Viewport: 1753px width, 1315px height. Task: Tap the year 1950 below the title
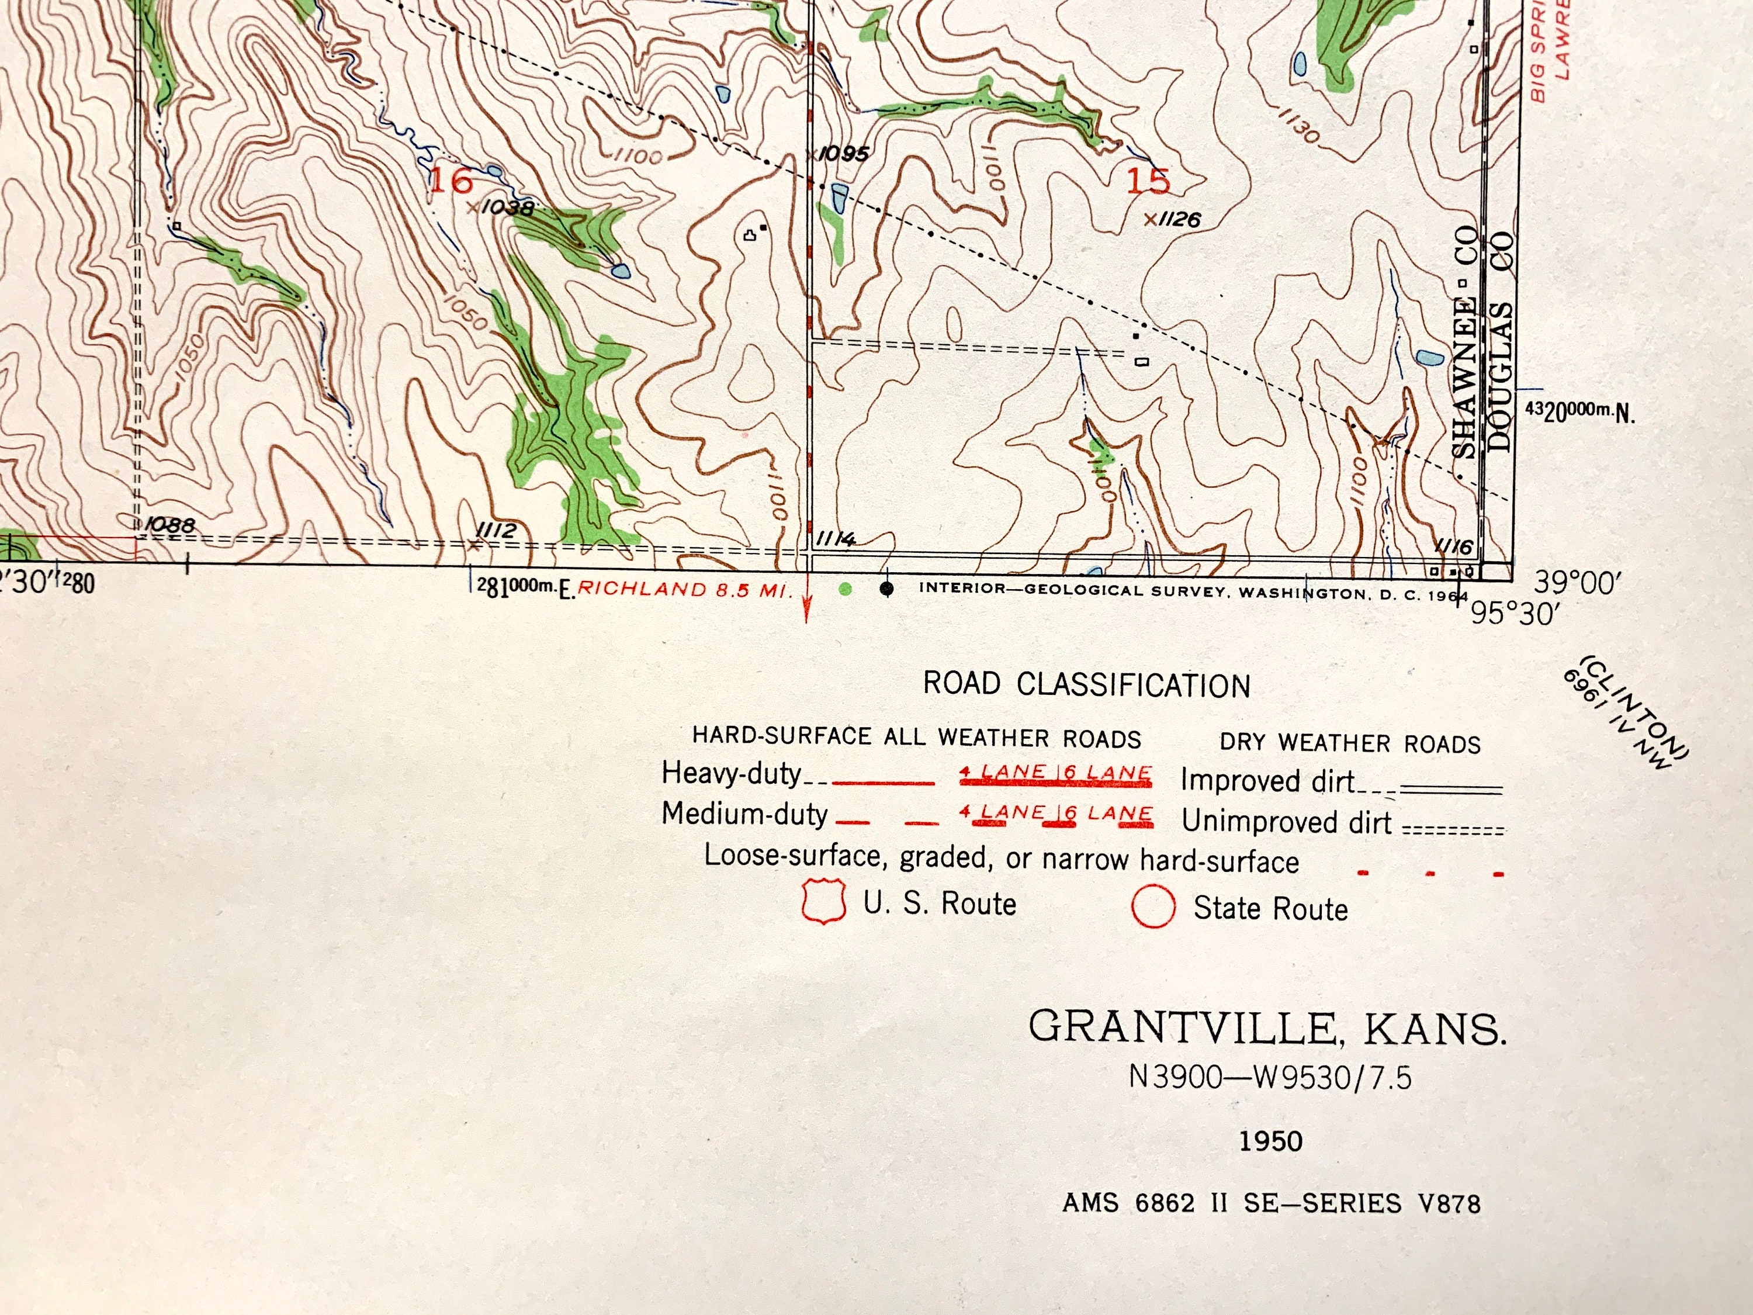[1271, 1141]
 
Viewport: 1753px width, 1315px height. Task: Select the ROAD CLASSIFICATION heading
[1086, 686]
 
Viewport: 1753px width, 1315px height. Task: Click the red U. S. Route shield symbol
[823, 901]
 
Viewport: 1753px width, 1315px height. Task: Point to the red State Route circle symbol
[1153, 906]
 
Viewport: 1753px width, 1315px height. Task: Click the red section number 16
[451, 181]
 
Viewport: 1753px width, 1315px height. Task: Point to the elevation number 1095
[844, 154]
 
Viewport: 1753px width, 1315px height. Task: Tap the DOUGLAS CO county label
[1500, 341]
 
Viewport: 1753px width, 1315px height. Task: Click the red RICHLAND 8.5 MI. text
[685, 589]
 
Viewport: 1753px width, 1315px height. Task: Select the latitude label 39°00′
[1573, 583]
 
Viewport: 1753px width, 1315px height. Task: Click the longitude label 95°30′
[1513, 614]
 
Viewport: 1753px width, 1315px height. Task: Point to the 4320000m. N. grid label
[1579, 411]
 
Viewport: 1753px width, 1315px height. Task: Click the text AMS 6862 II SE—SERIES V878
[1271, 1203]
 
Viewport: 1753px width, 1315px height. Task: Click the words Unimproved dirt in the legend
[1286, 822]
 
